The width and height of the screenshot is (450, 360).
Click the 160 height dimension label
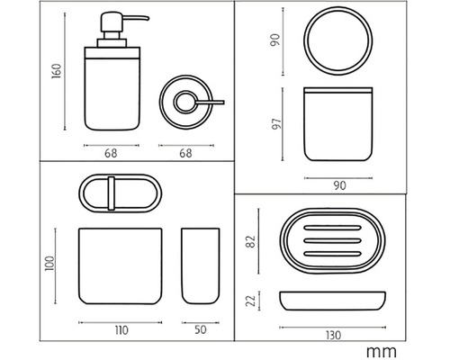click(x=57, y=71)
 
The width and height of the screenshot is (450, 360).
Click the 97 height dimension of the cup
click(x=276, y=123)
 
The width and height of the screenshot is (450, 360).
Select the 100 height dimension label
click(x=49, y=264)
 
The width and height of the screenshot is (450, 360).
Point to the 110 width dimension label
click(x=121, y=330)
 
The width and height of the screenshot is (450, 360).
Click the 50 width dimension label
click(x=201, y=329)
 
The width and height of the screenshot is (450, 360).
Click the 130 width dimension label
click(x=333, y=335)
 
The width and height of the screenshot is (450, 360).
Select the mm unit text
click(x=382, y=351)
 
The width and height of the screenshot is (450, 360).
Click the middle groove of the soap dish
click(x=332, y=240)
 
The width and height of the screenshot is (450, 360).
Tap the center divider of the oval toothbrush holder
click(x=112, y=193)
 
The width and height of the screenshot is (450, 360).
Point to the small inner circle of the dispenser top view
click(x=185, y=103)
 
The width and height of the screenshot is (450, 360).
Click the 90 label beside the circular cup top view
click(x=275, y=40)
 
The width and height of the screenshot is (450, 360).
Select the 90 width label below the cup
click(x=339, y=185)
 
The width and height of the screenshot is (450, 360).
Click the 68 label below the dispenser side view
click(x=111, y=153)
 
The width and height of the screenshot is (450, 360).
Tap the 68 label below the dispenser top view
click(x=185, y=153)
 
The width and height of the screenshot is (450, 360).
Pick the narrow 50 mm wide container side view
click(x=201, y=266)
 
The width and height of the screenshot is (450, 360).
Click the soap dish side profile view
click(x=333, y=301)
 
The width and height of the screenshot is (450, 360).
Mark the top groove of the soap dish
click(x=332, y=228)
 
